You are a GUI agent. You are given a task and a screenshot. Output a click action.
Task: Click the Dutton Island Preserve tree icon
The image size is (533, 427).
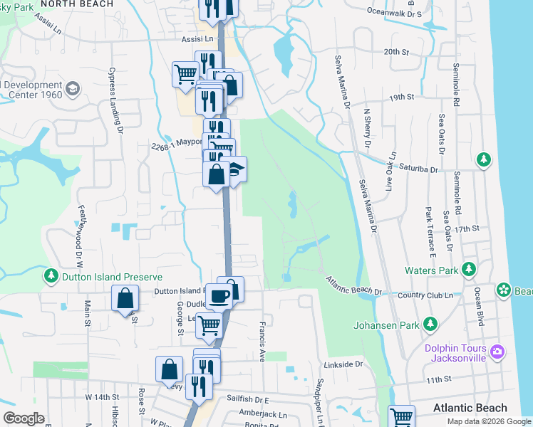pyautogui.click(x=52, y=275)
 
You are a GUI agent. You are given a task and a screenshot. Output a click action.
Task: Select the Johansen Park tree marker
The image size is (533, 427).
pyautogui.click(x=430, y=325)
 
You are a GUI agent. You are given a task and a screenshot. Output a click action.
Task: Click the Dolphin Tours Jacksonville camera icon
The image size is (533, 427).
pyautogui.click(x=497, y=351)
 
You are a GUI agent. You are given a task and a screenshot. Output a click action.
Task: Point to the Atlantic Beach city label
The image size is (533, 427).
pyautogui.click(x=470, y=408)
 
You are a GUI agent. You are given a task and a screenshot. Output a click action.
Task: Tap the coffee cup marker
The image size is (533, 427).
pyautogui.click(x=219, y=295)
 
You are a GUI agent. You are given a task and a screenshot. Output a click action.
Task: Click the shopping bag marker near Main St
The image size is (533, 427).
pyautogui.click(x=125, y=298)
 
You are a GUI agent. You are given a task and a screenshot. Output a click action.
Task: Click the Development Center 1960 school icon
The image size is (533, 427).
pyautogui.click(x=72, y=88)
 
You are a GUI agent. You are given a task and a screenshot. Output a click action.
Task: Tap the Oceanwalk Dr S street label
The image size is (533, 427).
pyautogui.click(x=404, y=12)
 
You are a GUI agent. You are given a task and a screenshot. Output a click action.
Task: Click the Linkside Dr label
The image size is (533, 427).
pyautogui.click(x=343, y=364)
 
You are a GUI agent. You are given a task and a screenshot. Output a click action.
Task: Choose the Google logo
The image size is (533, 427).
pyautogui.click(x=24, y=418)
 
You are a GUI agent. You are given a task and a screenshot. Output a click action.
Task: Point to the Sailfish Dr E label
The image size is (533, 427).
pyautogui.click(x=247, y=400)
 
